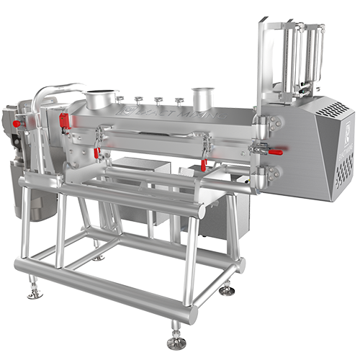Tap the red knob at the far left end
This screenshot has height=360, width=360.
pos(16,123)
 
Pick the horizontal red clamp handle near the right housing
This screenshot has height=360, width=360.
pos(275,150)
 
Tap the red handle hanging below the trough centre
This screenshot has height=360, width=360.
pos(204,164)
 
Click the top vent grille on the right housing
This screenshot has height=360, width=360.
pos(333,109)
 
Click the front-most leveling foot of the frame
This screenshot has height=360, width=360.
pos(176,341)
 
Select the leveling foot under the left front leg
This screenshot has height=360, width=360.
pos(32,292)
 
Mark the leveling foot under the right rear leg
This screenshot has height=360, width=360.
pos(228,289)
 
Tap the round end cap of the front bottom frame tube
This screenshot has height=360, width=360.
pos(192,315)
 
